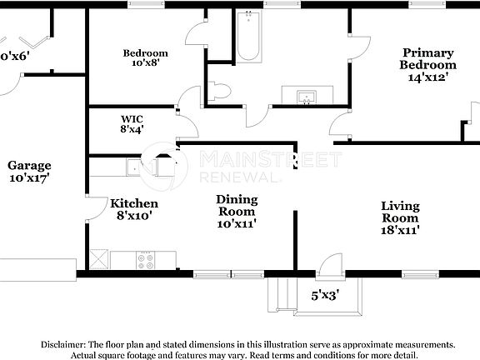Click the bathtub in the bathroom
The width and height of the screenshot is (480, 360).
coord(248,37)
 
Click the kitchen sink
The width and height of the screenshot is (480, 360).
coord(132,168)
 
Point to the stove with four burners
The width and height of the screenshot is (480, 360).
coord(146,259)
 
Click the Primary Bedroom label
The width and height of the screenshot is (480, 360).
coord(427,58)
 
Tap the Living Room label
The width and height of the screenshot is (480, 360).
coord(400,212)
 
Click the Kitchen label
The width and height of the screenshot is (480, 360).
coord(134,203)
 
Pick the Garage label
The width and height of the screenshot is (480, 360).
coord(30,165)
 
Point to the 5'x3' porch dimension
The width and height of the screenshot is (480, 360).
coord(326,294)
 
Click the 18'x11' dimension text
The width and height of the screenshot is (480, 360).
coord(400,230)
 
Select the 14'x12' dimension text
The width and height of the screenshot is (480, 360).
coord(427,77)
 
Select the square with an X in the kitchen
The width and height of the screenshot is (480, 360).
coord(98,258)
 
